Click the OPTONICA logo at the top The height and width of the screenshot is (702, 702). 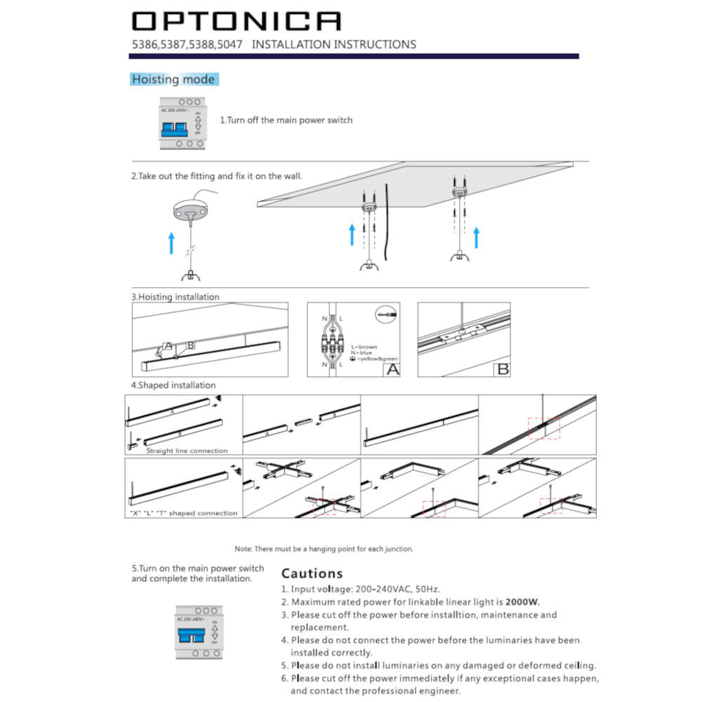point(237,21)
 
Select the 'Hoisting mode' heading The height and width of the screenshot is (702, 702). point(173,79)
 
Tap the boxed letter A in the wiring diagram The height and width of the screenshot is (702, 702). point(391,369)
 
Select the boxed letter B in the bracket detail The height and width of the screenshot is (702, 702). point(502,369)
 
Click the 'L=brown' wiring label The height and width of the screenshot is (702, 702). point(364,347)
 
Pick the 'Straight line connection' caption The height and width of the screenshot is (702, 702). point(187,451)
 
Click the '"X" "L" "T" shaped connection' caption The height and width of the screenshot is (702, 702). point(183,513)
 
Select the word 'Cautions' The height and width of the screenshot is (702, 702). point(312,574)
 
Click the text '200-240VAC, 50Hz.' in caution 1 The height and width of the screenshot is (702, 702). point(390,589)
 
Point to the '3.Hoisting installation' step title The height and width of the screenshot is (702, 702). point(175,297)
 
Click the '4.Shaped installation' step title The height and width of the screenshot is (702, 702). point(173,385)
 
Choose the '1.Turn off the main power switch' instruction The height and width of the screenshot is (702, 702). point(286,120)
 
